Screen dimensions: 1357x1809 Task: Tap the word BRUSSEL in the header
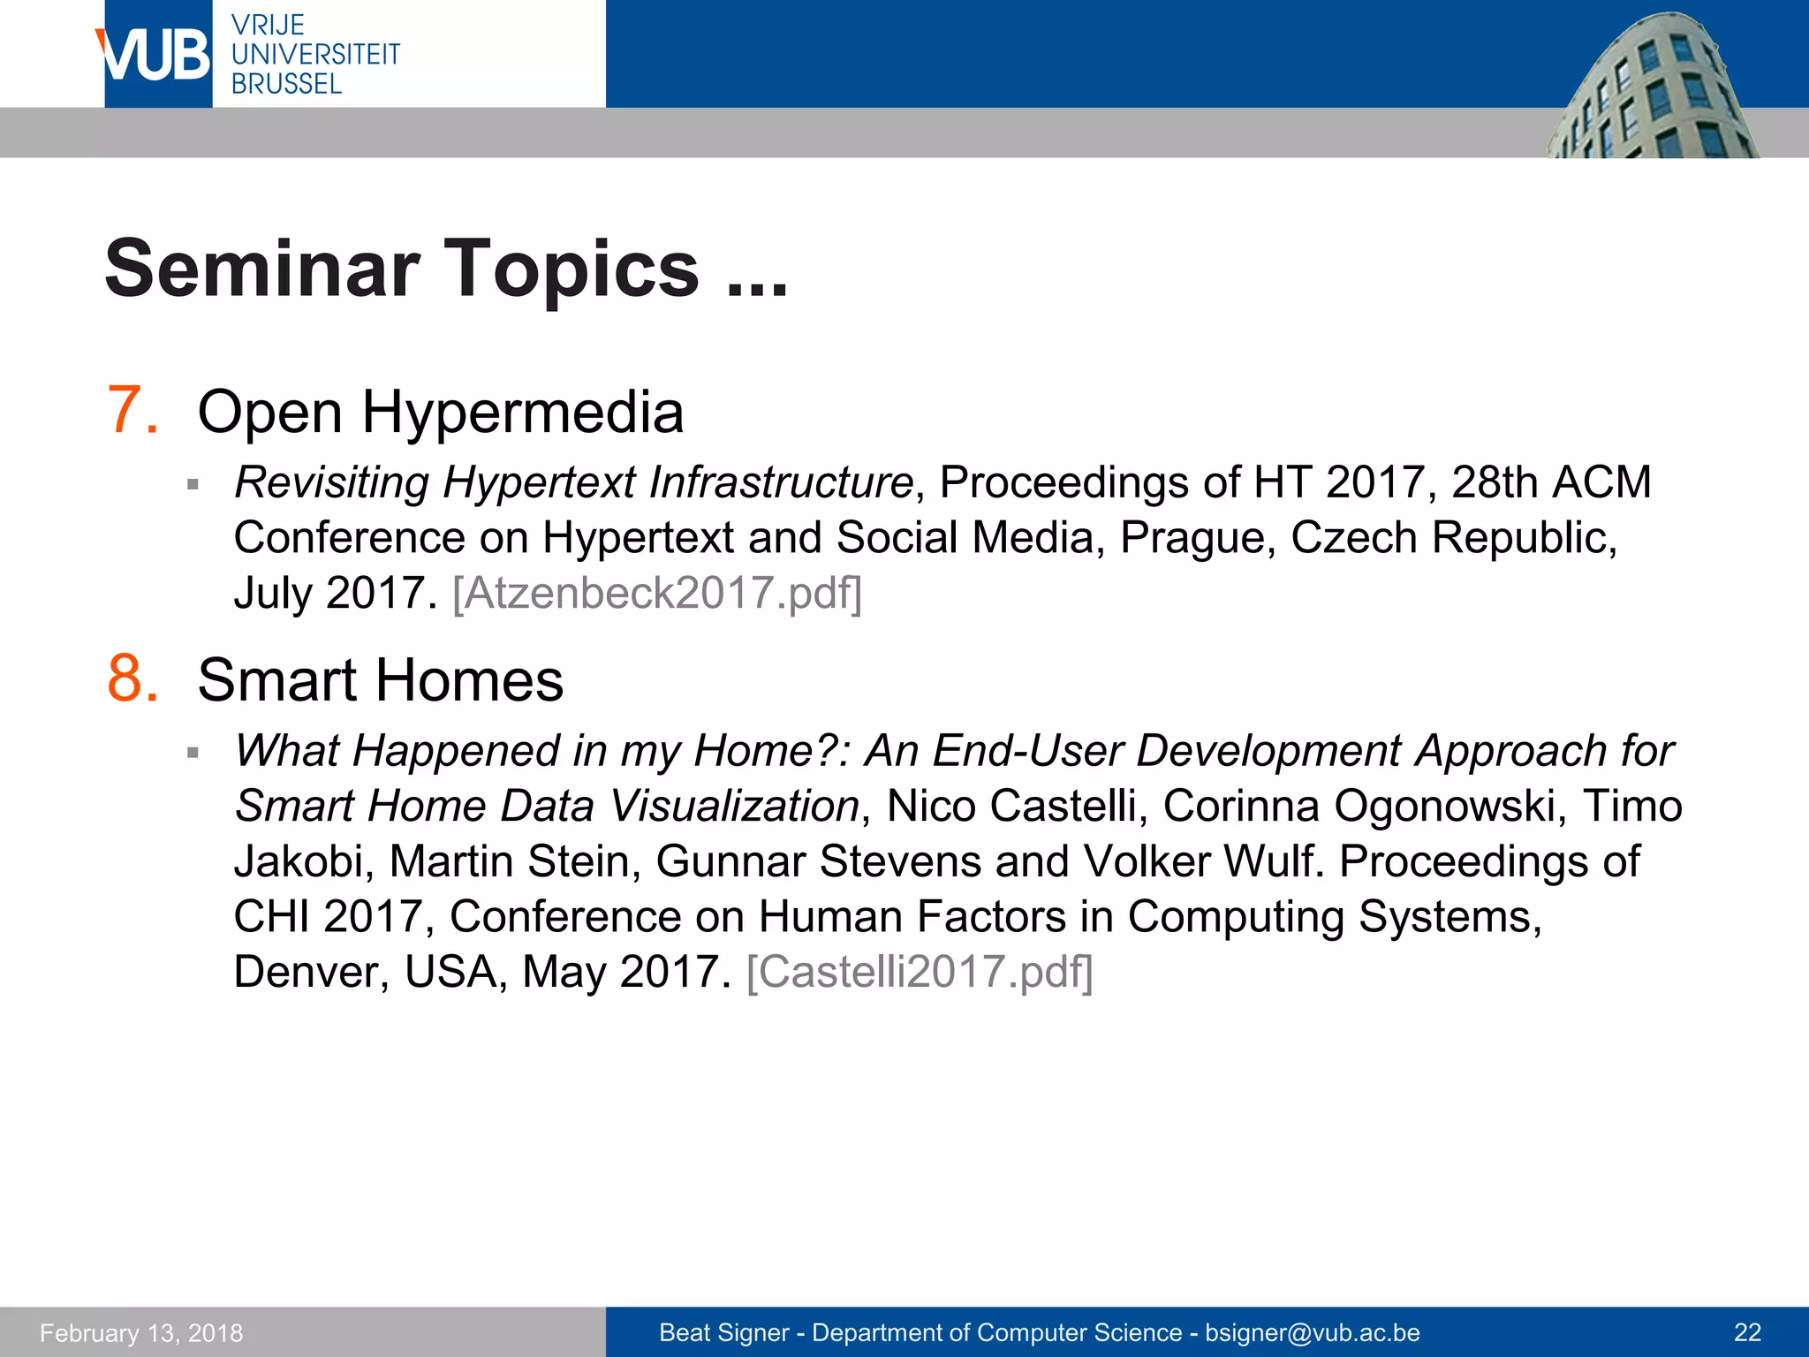point(286,85)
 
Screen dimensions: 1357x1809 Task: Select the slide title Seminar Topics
point(445,269)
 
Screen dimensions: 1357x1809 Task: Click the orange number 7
point(132,411)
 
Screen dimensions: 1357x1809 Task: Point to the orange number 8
point(132,679)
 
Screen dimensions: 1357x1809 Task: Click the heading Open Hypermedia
point(440,413)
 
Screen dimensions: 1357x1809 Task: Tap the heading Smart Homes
point(380,681)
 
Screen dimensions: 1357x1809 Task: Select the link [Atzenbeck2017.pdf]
point(657,593)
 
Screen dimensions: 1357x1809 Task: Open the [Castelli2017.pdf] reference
point(920,972)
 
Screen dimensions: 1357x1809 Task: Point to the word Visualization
point(734,806)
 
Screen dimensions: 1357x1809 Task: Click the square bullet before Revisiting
point(193,484)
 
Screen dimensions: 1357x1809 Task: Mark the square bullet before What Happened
point(193,753)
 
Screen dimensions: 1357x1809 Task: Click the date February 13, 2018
point(141,1332)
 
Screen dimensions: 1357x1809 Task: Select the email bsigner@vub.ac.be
point(1313,1332)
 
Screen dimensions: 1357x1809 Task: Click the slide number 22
point(1748,1332)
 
